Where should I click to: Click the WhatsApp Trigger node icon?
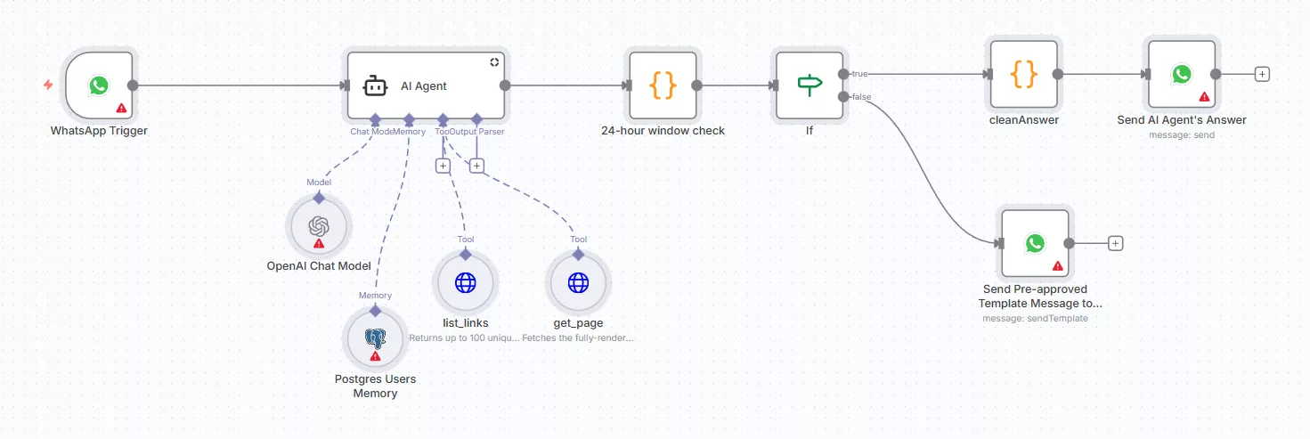99,85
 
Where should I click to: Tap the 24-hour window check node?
663,85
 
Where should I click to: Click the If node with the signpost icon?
809,85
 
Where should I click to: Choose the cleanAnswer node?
1024,74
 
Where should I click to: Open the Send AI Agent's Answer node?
1181,74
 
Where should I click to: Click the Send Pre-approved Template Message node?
1034,243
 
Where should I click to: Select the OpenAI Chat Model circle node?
319,227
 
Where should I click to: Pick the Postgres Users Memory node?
375,339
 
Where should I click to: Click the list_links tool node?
466,283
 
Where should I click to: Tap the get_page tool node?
578,283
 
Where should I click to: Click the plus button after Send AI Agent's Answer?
1261,74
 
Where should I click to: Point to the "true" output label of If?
860,73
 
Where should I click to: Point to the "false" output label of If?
861,96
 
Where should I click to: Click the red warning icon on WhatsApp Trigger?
121,109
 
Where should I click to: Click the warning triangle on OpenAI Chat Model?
319,243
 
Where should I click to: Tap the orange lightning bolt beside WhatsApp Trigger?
48,85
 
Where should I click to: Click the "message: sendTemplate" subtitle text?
1035,318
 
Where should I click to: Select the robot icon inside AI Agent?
375,86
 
